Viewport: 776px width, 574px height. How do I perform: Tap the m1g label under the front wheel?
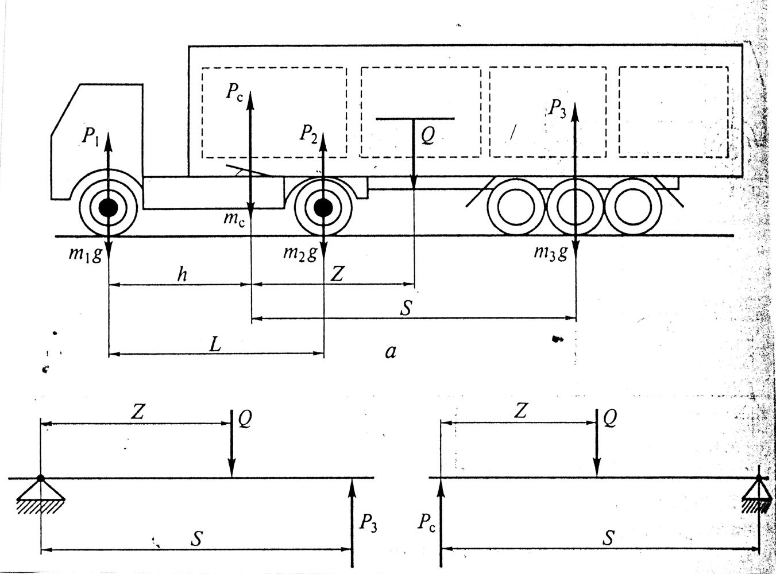[85, 254]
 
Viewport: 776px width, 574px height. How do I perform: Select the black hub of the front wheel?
[109, 208]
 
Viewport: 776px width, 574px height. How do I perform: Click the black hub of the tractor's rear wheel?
[323, 208]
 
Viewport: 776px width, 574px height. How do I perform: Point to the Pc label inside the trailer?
[234, 92]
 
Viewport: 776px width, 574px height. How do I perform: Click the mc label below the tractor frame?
[234, 220]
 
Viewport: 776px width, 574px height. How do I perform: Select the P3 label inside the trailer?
[557, 108]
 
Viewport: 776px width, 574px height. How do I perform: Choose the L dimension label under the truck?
[215, 344]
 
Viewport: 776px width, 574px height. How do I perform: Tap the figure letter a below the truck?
[391, 352]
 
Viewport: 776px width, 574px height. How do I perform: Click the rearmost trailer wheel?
[632, 207]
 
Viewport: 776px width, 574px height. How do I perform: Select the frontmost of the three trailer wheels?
[516, 207]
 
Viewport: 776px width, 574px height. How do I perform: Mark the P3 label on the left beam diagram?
[368, 525]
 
